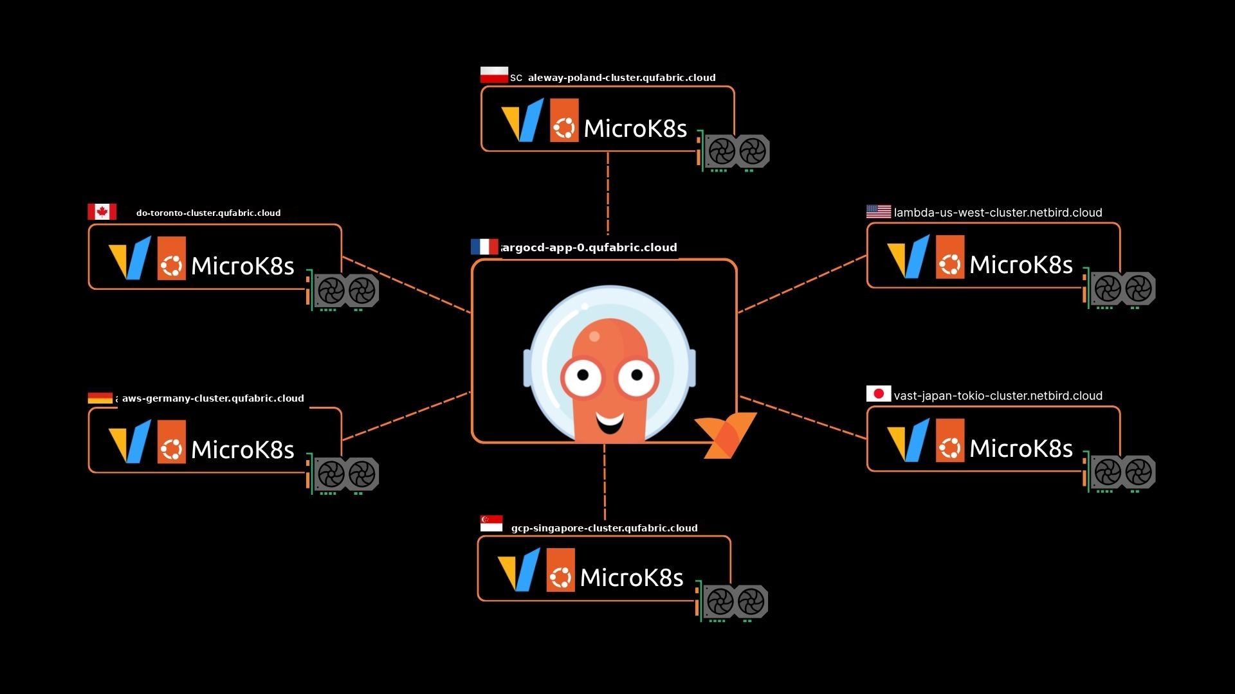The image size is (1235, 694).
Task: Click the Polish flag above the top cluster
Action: point(494,75)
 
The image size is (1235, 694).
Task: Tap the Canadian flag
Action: point(102,211)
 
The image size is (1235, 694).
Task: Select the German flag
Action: point(100,398)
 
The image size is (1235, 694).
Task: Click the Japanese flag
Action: point(878,393)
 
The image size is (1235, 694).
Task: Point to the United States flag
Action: point(878,211)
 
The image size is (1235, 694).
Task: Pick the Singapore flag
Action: point(491,524)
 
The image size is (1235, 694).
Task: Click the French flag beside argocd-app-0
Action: point(484,247)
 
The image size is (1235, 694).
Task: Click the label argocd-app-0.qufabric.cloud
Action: point(589,247)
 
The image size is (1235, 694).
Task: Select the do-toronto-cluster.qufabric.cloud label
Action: point(208,213)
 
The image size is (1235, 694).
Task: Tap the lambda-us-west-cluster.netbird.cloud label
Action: point(998,213)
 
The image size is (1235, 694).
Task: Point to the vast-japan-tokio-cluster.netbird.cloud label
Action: point(998,396)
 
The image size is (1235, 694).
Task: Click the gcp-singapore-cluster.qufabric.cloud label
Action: point(604,528)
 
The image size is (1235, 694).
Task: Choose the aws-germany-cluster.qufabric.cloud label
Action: point(213,398)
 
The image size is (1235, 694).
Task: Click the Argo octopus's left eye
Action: point(582,375)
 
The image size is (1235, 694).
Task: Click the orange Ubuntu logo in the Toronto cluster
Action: point(171,258)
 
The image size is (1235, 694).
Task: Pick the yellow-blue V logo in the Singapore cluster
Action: point(518,569)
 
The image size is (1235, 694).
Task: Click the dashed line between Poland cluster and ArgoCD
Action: point(607,193)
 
